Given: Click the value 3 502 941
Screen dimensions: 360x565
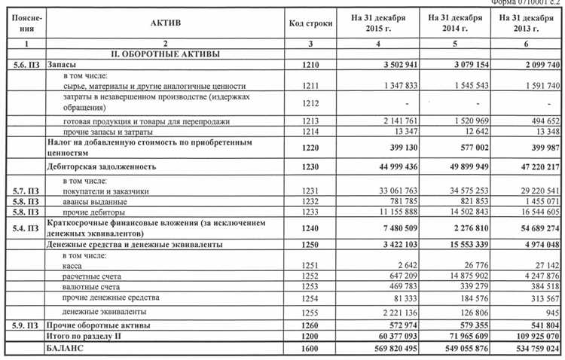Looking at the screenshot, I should coord(394,66).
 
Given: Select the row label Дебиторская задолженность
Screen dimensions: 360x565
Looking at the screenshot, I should coord(104,166).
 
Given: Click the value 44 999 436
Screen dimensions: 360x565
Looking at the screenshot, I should coord(391,166).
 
